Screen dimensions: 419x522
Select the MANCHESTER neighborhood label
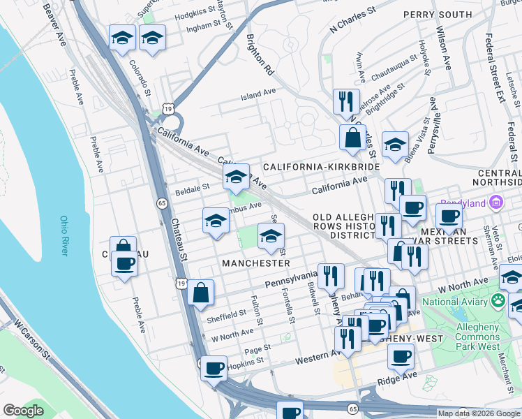255,263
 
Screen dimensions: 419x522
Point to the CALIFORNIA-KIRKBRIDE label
321,167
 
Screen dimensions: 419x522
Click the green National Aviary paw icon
498,301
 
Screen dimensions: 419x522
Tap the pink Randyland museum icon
496,204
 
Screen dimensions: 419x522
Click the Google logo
23,411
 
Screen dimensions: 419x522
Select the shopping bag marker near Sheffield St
200,293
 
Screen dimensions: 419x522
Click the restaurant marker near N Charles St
346,101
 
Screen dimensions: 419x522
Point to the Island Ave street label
258,94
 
